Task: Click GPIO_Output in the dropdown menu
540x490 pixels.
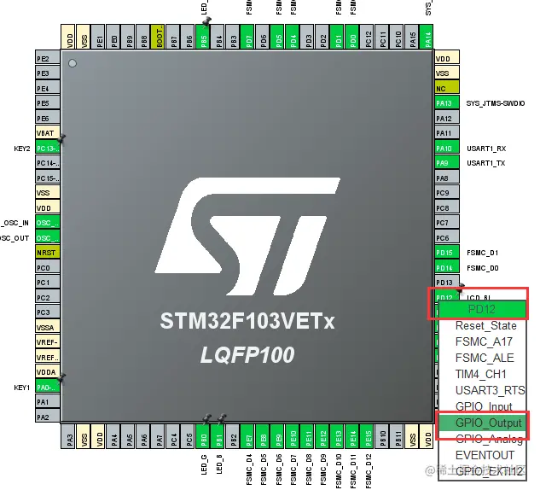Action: (x=488, y=423)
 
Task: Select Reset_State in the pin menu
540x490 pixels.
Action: (x=485, y=325)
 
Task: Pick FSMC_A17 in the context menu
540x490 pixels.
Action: (x=483, y=341)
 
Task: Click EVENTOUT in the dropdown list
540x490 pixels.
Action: (x=485, y=455)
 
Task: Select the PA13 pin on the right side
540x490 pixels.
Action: (x=444, y=103)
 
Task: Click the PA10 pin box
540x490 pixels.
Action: (x=444, y=148)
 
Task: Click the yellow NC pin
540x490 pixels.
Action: (x=444, y=88)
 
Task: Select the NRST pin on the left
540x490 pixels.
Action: (x=47, y=253)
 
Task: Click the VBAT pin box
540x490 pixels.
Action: (x=47, y=133)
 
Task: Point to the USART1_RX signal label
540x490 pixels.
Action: (x=486, y=148)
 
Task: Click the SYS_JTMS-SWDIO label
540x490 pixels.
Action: (x=501, y=103)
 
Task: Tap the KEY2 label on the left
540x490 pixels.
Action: (x=21, y=149)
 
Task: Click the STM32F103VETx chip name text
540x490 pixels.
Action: (x=248, y=322)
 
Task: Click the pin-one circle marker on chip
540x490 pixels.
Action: (x=73, y=63)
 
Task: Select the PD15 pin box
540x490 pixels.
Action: (x=444, y=253)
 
